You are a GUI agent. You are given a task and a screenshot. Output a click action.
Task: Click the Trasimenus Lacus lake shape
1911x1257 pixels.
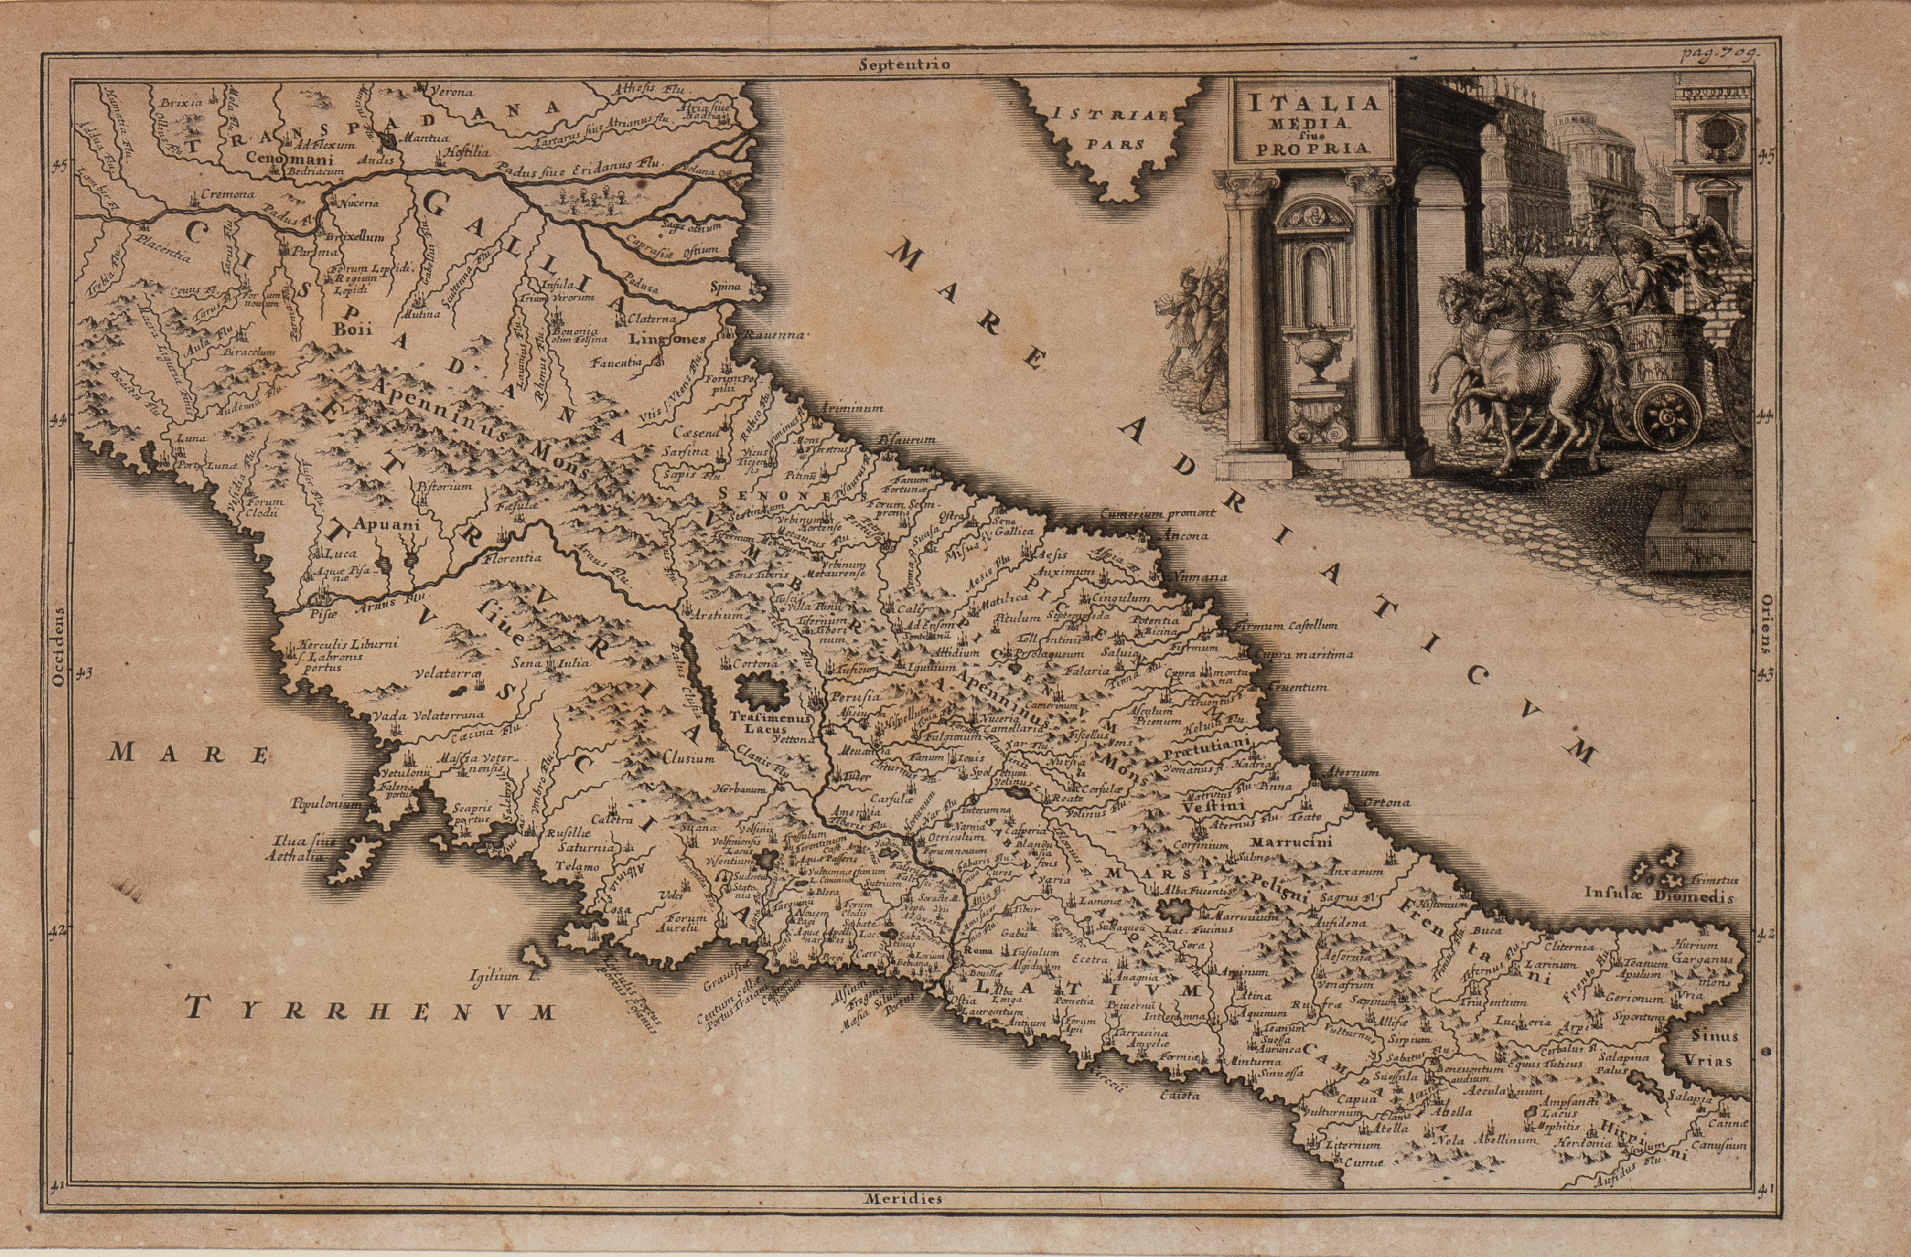[x=759, y=690]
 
